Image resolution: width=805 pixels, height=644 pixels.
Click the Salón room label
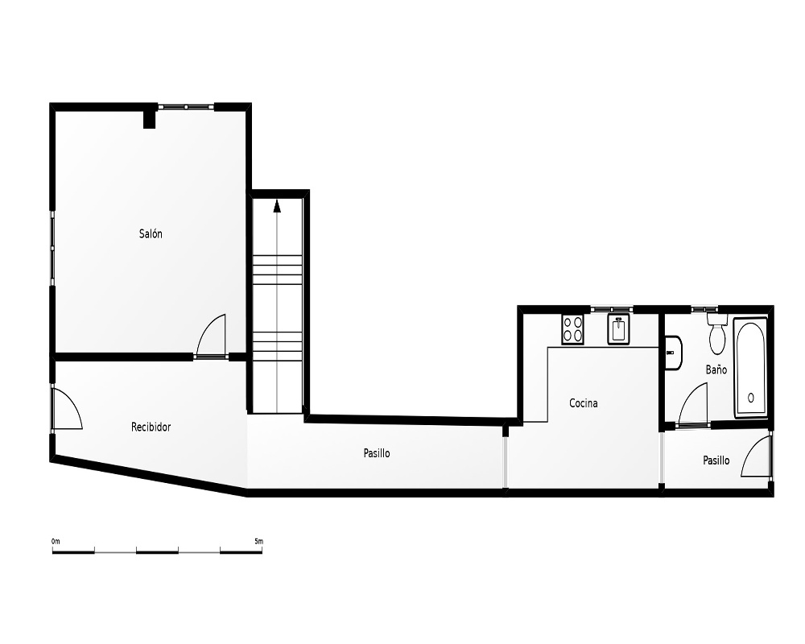[x=151, y=233]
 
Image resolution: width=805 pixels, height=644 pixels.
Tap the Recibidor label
[x=151, y=427]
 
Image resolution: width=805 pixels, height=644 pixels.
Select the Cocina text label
[x=583, y=403]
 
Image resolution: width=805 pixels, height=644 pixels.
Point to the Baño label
[x=716, y=369]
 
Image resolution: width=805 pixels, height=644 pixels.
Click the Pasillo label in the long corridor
[x=377, y=453]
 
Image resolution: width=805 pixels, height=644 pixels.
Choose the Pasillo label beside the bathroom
[x=716, y=460]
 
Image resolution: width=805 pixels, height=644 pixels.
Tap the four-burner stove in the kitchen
[x=572, y=329]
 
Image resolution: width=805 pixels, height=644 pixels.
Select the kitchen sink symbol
[x=618, y=329]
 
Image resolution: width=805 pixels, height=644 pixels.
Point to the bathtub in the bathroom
[x=750, y=368]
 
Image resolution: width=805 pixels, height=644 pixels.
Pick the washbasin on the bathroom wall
[x=673, y=353]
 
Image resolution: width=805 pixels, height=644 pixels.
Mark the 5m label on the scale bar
[x=258, y=541]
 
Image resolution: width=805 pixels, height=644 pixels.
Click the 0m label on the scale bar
[x=56, y=541]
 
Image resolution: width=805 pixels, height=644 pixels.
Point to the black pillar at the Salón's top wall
[x=149, y=118]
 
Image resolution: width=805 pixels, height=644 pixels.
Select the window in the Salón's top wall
[x=186, y=107]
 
